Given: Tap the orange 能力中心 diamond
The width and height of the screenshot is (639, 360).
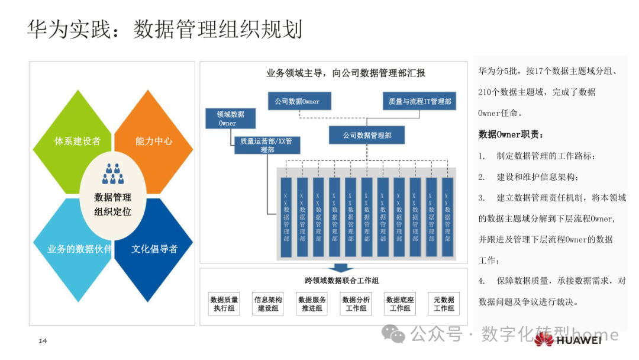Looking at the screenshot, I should pyautogui.click(x=155, y=141).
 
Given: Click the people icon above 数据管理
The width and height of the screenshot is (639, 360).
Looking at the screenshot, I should pyautogui.click(x=112, y=173).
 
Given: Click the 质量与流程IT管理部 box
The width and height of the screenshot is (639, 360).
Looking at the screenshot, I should pyautogui.click(x=419, y=101).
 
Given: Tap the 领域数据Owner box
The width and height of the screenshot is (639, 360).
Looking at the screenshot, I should pyautogui.click(x=230, y=118).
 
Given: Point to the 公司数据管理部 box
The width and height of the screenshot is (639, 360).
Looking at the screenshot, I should pyautogui.click(x=367, y=136).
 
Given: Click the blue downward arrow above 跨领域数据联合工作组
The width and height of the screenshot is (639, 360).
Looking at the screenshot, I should pyautogui.click(x=341, y=268).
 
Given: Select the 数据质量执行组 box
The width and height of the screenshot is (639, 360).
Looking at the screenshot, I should pyautogui.click(x=224, y=304).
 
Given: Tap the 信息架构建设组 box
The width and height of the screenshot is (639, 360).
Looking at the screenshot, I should pyautogui.click(x=268, y=304).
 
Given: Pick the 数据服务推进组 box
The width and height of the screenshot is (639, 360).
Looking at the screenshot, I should pyautogui.click(x=312, y=304).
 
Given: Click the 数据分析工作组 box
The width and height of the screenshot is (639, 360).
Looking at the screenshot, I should pyautogui.click(x=356, y=304).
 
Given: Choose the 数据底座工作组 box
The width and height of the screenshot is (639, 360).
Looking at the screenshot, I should pyautogui.click(x=400, y=304).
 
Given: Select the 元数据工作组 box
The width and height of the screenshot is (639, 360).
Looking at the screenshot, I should pyautogui.click(x=444, y=304).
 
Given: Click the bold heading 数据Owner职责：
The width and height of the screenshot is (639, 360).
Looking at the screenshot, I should pyautogui.click(x=510, y=134).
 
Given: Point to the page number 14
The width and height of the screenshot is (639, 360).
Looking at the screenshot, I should pyautogui.click(x=43, y=340).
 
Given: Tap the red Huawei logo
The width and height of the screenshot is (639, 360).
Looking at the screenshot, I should pyautogui.click(x=545, y=339).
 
